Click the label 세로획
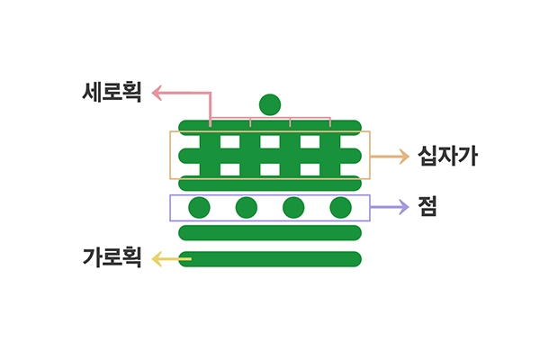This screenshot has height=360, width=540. click(112, 92)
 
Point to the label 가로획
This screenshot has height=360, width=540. click(112, 259)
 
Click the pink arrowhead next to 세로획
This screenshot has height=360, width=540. click(156, 92)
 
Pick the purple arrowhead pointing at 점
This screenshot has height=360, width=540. click(405, 207)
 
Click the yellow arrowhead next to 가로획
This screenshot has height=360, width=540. click(156, 260)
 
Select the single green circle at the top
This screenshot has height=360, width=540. click(270, 104)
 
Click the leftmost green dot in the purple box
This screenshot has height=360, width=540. click(199, 208)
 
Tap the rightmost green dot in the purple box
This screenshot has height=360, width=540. click(340, 208)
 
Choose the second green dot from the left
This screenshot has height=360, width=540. click(246, 208)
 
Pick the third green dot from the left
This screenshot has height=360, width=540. click(293, 208)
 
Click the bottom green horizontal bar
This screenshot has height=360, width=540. click(270, 260)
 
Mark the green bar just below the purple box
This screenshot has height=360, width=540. click(270, 233)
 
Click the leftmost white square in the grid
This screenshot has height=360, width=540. click(229, 141)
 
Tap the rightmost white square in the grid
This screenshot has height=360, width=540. click(309, 141)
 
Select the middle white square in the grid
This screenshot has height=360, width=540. click(270, 141)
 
